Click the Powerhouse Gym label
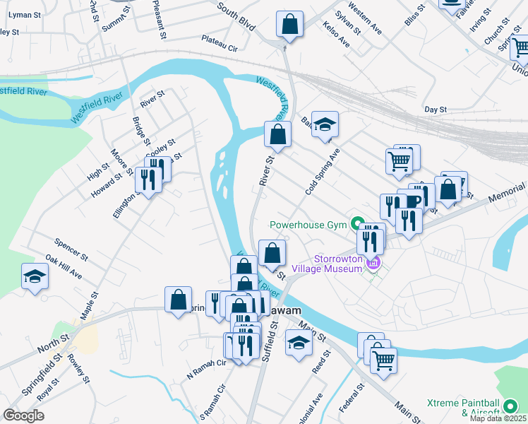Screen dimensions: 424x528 click(x=309, y=225)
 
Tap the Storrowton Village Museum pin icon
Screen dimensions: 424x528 click(x=373, y=263)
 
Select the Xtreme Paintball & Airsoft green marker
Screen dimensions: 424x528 click(x=510, y=405)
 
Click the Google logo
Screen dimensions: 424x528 click(x=23, y=415)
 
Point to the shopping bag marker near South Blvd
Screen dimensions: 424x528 click(x=289, y=25)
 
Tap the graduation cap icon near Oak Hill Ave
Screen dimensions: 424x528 click(x=35, y=276)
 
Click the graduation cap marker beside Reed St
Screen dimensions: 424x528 click(x=299, y=344)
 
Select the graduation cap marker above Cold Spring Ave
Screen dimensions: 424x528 click(x=325, y=125)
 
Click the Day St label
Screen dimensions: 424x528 click(x=436, y=110)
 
